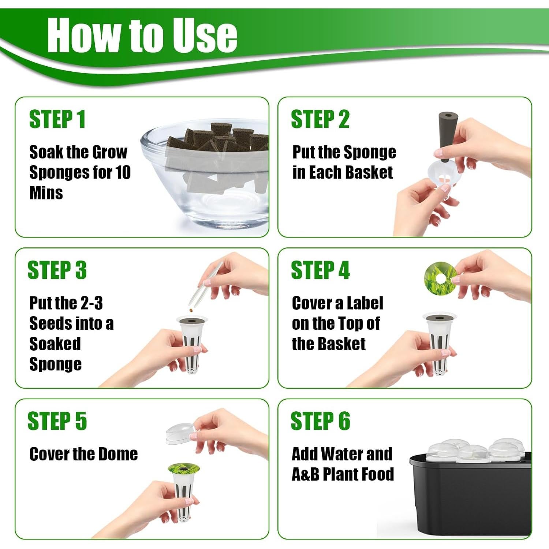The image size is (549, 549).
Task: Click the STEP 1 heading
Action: (x=57, y=119)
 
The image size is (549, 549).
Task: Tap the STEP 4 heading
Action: (x=320, y=270)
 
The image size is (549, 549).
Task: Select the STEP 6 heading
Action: (x=320, y=421)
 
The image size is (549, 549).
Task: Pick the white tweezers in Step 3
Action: (x=205, y=287)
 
